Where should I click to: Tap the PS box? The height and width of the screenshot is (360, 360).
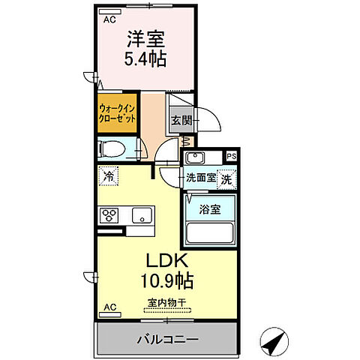pos(232,157)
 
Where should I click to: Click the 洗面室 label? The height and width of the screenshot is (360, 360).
pos(200,178)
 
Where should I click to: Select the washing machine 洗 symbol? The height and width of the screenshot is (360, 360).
pos(226,179)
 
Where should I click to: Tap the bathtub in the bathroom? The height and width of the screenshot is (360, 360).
pos(210,232)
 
